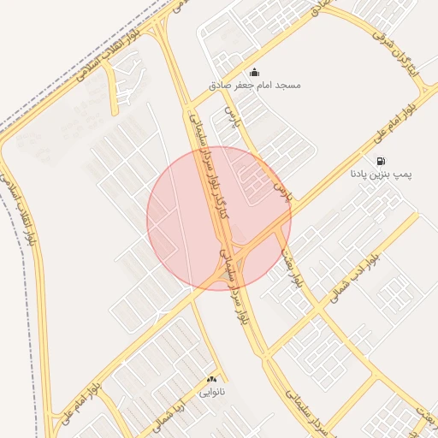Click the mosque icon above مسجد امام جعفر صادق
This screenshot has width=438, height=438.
click(x=254, y=72)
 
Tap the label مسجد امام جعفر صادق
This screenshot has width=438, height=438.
click(x=254, y=86)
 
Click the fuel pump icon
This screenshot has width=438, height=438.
click(x=380, y=160)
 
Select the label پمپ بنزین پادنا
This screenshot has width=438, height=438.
click(x=381, y=174)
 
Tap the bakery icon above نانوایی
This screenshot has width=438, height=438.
click(x=212, y=379)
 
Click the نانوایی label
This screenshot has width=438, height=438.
click(x=212, y=393)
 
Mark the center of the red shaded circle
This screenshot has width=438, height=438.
click(x=219, y=218)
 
